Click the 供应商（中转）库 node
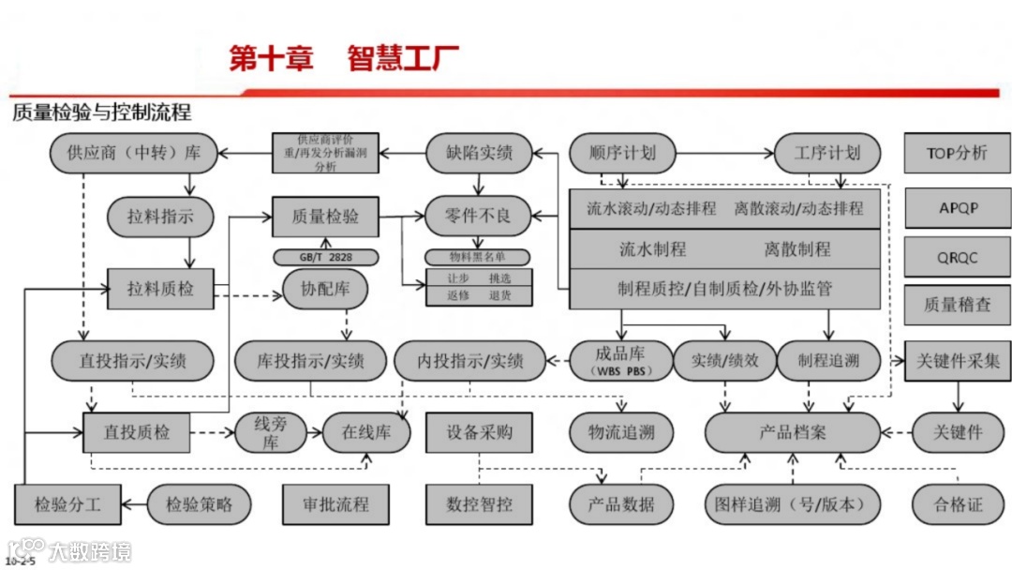[x=131, y=153]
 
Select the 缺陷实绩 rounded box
[x=479, y=153]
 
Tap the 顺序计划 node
[x=622, y=153]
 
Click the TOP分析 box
[x=957, y=153]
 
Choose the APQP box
[x=957, y=207]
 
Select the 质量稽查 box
[x=957, y=305]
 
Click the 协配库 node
[x=325, y=289]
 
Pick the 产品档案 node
[x=793, y=432]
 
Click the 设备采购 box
[x=480, y=432]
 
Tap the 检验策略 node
[x=201, y=504]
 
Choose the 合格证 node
[x=958, y=504]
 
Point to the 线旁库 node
[x=271, y=432]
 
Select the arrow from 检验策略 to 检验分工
[x=137, y=504]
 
